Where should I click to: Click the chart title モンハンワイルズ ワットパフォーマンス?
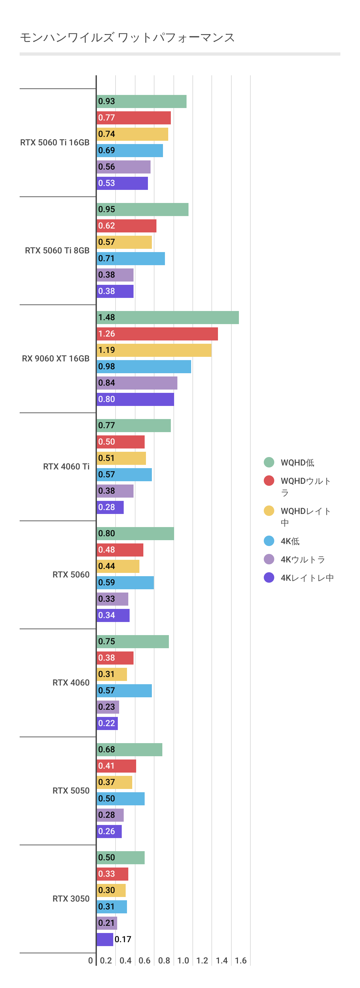tap(127, 38)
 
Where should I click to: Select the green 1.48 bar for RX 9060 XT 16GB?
tap(168, 318)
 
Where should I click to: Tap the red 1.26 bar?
tap(157, 334)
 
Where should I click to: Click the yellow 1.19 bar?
tap(154, 350)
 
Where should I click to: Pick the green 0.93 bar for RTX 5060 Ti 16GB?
tap(141, 101)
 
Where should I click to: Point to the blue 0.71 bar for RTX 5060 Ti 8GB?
tap(131, 259)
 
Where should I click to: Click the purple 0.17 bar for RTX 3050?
tap(105, 940)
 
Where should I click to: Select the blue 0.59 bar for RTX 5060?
tap(125, 583)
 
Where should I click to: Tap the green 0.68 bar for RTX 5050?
tap(129, 750)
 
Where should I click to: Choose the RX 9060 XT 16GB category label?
tap(56, 358)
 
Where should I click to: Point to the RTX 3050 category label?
tap(71, 899)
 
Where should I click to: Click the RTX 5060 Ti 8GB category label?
tap(57, 250)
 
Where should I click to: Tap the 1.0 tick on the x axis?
tap(183, 961)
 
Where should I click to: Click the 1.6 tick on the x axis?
tap(241, 961)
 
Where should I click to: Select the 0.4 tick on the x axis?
tap(125, 961)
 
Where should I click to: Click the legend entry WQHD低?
tap(297, 463)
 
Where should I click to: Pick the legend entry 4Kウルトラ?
tap(302, 559)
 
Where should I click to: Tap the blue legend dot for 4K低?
tap(269, 541)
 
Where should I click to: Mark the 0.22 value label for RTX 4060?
tap(107, 723)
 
